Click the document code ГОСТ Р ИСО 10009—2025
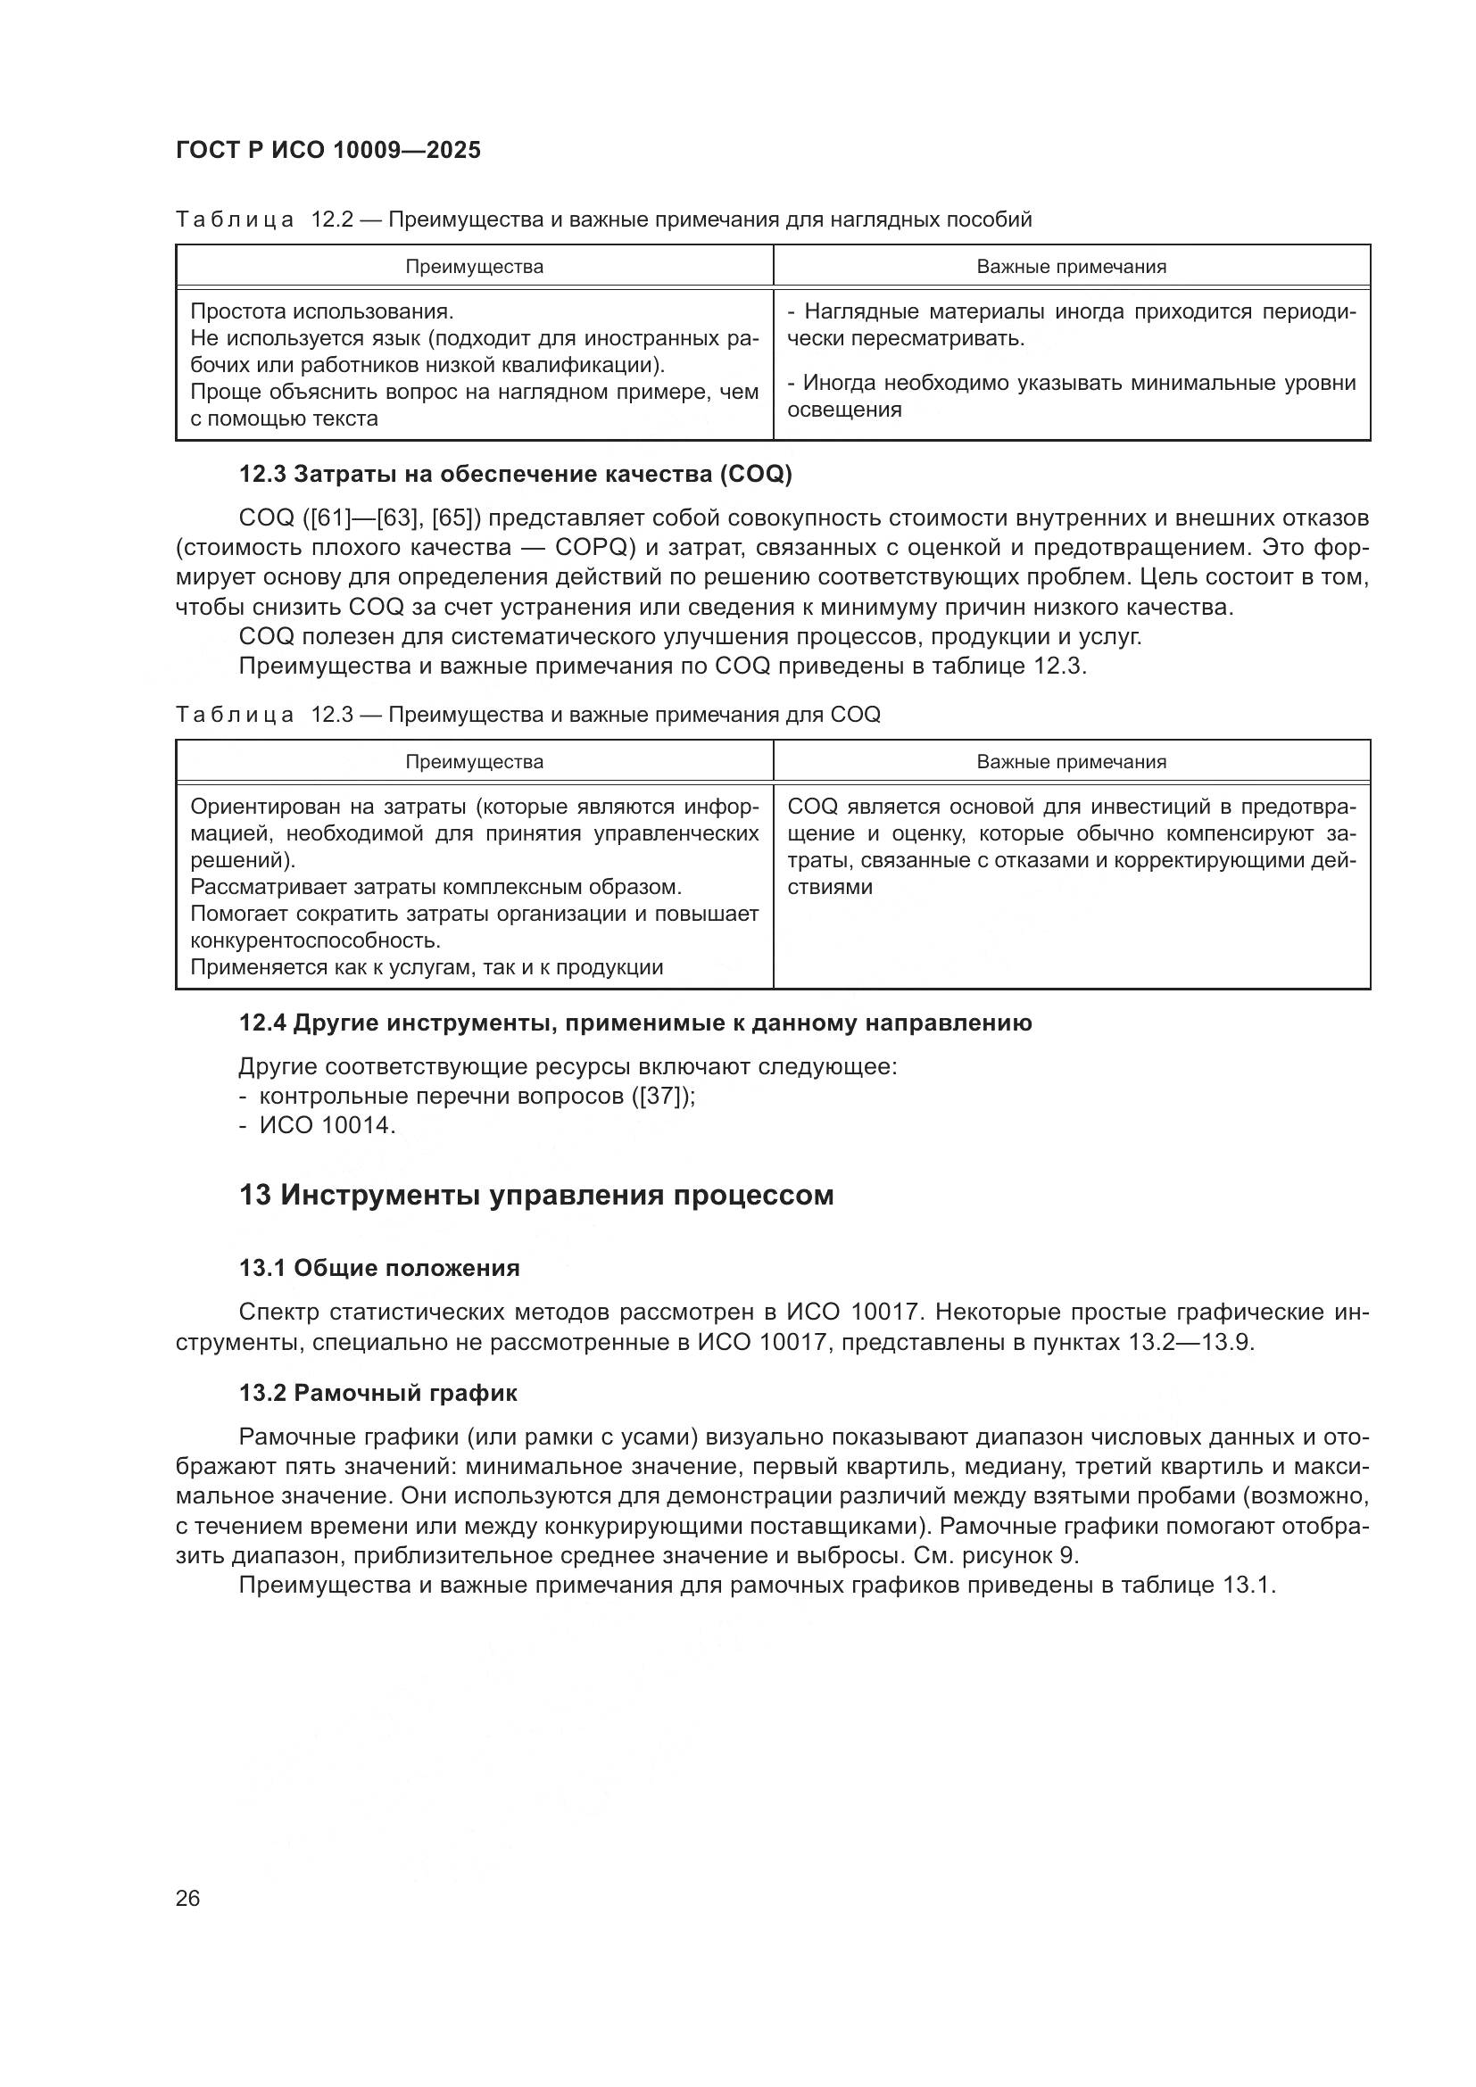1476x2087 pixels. point(328,151)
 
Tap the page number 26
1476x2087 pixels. point(188,1898)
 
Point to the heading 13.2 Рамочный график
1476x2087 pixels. point(378,1393)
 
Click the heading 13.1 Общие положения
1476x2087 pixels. point(379,1268)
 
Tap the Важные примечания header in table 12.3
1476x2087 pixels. point(1071,762)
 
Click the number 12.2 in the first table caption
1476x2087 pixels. point(332,220)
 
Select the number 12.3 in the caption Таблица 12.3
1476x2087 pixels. point(332,715)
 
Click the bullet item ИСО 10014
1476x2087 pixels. point(328,1125)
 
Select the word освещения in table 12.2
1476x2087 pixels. point(844,410)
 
